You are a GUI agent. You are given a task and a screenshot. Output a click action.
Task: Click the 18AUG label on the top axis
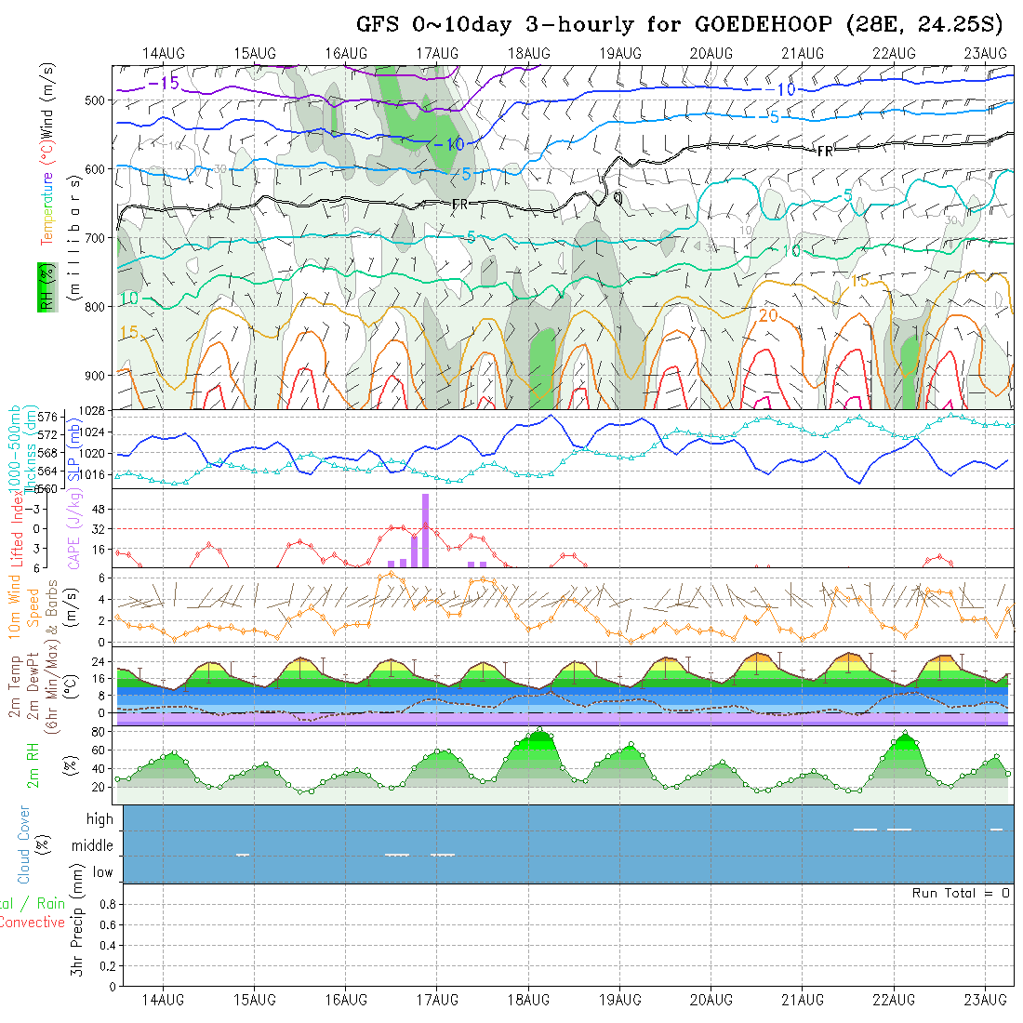point(528,53)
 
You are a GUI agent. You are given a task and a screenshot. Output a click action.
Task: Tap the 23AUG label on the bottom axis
point(985,1000)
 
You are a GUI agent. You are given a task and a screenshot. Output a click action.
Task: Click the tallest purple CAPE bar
point(425,529)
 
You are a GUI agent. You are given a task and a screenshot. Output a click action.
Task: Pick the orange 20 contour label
point(768,316)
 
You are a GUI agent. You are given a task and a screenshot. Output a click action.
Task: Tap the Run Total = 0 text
point(961,893)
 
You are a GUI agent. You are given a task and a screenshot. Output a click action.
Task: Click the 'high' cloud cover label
point(100,819)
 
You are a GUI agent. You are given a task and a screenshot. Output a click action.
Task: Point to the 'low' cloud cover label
point(102,872)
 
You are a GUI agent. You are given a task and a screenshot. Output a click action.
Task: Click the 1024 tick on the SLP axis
point(99,432)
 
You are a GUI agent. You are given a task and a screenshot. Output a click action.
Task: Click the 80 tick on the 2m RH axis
point(96,732)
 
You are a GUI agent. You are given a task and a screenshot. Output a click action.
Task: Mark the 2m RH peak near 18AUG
point(539,730)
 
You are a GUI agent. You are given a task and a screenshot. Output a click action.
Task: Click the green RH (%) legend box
point(43,287)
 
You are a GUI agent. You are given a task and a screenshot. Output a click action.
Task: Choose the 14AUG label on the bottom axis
point(163,1000)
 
